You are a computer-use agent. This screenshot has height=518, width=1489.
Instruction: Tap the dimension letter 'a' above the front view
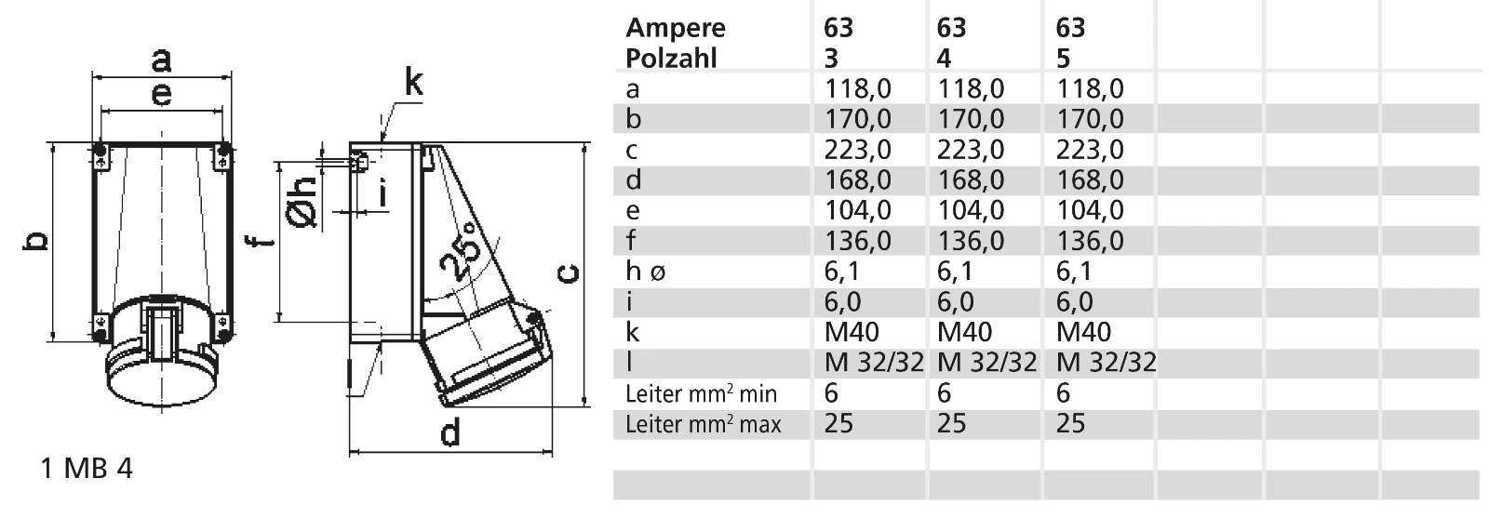click(162, 60)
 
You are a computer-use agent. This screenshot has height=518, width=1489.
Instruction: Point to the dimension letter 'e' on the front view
click(162, 94)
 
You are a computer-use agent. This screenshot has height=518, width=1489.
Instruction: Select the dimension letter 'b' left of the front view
click(36, 241)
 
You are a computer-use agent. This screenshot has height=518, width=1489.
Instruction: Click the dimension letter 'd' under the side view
click(450, 432)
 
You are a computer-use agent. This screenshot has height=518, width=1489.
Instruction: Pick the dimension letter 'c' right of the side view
click(569, 273)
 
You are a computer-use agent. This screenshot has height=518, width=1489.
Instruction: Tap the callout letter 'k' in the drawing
click(413, 83)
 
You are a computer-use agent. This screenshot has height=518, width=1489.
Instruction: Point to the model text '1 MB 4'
click(87, 469)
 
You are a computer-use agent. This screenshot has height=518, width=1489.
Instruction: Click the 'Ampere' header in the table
click(676, 28)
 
